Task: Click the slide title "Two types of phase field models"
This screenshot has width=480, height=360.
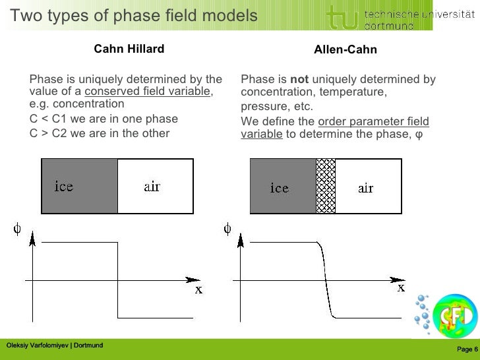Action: pos(133,15)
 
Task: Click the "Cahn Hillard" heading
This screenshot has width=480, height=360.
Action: pos(129,49)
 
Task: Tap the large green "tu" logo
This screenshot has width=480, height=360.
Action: pos(342,16)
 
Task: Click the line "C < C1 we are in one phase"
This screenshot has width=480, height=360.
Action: pos(104,119)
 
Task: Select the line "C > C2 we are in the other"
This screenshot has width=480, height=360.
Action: pos(100,133)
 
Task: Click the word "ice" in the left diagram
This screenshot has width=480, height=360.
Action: pos(64,187)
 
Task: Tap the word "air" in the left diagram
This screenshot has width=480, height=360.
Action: pos(152,187)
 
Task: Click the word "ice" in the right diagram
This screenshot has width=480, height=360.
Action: pos(280,189)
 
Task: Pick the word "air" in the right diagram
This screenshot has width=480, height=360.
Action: pos(366,189)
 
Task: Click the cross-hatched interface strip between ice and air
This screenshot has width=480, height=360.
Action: pos(326,186)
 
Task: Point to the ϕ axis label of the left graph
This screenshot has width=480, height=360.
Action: pos(17,229)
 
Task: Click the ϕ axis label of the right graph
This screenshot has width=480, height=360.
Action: pos(227,229)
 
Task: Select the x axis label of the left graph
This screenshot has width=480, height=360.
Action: pos(198,290)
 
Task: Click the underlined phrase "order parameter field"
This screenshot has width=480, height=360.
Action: pos(373,122)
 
